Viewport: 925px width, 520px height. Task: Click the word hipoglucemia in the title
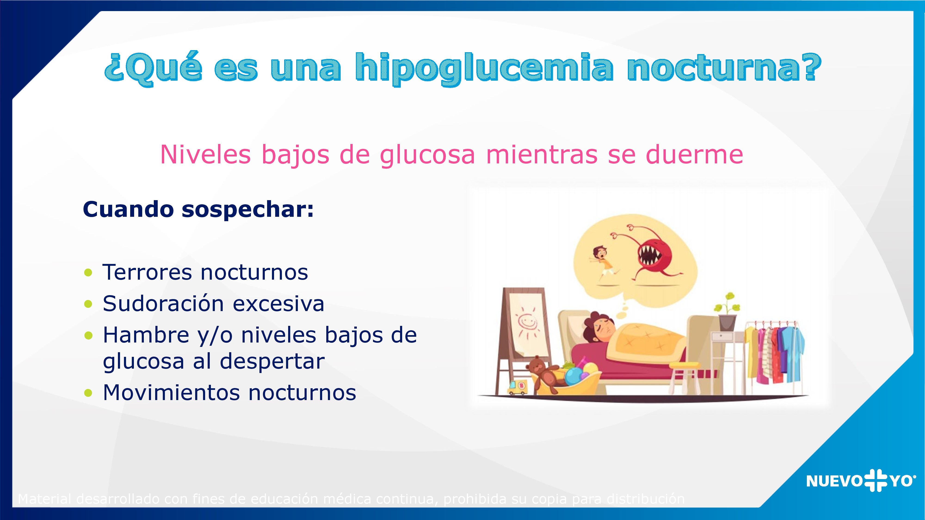484,68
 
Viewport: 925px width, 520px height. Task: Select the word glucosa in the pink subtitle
427,155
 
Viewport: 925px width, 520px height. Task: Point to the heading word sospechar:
248,210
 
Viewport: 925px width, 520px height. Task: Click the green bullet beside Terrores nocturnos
88,272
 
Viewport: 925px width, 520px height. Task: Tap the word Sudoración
163,304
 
